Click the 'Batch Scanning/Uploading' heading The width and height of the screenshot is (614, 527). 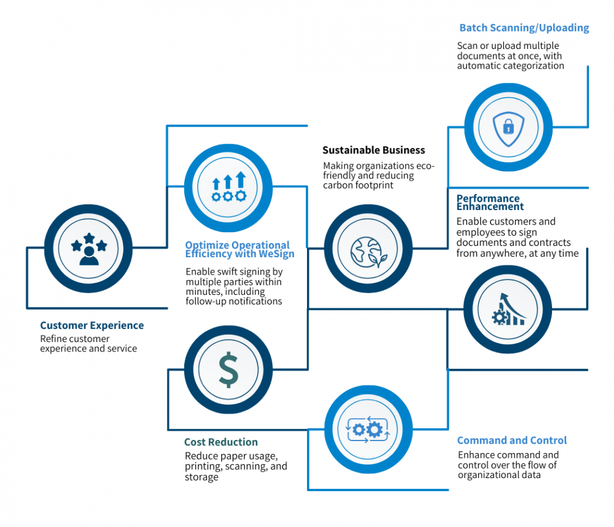524,28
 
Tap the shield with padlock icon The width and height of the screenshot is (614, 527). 508,127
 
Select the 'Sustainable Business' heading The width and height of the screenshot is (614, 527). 374,150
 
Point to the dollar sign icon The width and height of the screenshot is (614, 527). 228,370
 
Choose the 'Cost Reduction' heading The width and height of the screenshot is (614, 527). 221,442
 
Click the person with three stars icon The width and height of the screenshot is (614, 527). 88,249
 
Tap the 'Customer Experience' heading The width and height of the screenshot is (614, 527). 92,326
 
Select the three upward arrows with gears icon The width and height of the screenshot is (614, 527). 228,186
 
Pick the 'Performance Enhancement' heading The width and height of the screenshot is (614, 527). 490,202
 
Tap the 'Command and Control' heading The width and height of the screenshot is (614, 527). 512,440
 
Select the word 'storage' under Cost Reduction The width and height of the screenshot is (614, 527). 201,477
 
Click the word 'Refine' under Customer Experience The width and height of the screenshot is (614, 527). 53,339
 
